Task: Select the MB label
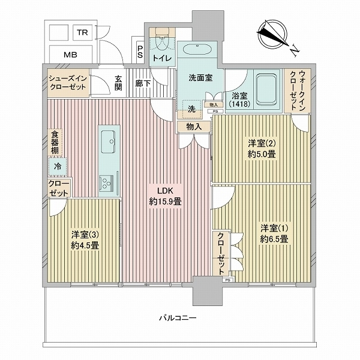[x=71, y=55]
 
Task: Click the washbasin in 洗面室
[x=195, y=52]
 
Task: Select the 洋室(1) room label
[x=274, y=233]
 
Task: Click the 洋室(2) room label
[x=262, y=148]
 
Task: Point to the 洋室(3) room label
[x=85, y=239]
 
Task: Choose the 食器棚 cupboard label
[x=55, y=143]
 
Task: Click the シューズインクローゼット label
[x=67, y=82]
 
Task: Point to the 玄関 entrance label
[x=119, y=83]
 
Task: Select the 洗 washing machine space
[x=191, y=109]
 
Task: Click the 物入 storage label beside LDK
[x=194, y=127]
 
